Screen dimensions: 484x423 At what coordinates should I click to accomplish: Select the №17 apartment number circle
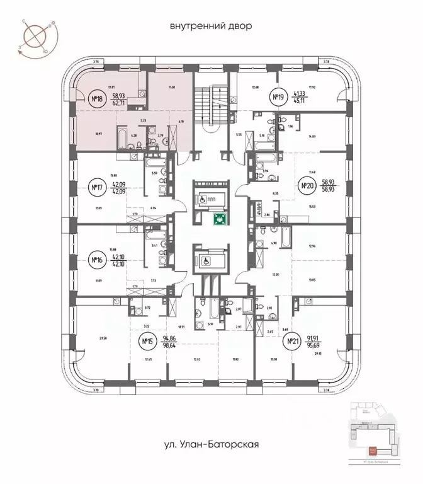click(97, 187)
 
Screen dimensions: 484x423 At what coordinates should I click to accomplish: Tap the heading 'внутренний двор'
click(211, 26)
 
